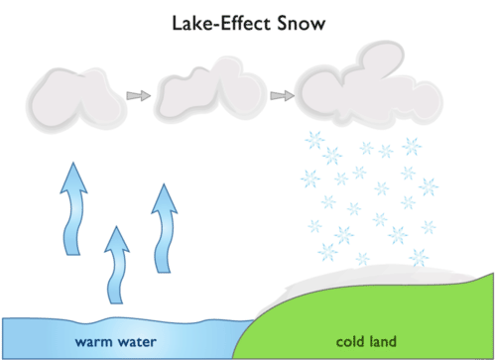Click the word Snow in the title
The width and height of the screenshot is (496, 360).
(x=301, y=24)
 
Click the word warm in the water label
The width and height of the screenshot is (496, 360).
(x=93, y=342)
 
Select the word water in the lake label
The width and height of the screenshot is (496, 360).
(x=137, y=342)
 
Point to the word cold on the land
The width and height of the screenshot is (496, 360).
(x=350, y=341)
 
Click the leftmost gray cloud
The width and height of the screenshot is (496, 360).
(x=76, y=100)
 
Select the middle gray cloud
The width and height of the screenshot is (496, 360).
(x=210, y=90)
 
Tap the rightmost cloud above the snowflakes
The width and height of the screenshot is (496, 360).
(x=369, y=86)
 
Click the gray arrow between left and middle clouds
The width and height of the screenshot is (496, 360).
(x=139, y=95)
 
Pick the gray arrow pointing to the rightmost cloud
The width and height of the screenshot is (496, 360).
(x=282, y=95)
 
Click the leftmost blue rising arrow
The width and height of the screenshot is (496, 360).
(x=73, y=209)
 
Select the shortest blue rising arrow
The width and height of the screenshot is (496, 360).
(x=117, y=265)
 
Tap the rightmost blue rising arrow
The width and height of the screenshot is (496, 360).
(x=164, y=229)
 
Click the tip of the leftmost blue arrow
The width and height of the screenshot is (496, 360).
(x=73, y=163)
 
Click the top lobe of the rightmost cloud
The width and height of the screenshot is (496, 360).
(x=381, y=59)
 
